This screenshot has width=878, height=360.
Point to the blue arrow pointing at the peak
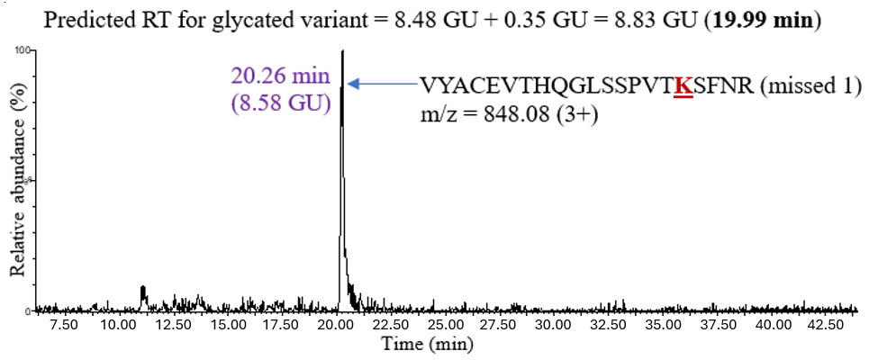pyautogui.click(x=382, y=84)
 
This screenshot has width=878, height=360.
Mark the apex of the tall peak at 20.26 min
pyautogui.click(x=342, y=52)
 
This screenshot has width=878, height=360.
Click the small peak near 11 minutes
pyautogui.click(x=142, y=291)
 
